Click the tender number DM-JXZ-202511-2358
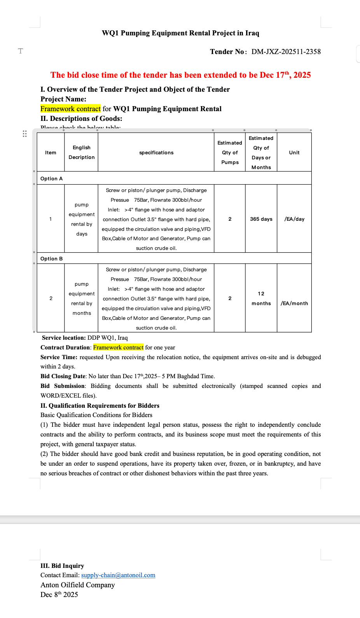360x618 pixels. pos(286,52)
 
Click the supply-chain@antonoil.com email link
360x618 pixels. pos(118,575)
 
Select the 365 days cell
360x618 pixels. pos(261,219)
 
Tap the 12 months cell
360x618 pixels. pos(261,299)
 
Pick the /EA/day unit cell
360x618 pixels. pos(294,219)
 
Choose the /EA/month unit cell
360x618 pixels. pos(294,304)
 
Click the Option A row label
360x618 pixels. pos(52,179)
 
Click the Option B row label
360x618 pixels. pos(52,259)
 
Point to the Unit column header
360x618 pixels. pos(294,153)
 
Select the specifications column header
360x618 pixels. pos(156,153)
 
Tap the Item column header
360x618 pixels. pos(51,153)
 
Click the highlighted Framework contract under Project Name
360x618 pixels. pos(70,109)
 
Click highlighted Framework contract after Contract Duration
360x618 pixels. pos(118,347)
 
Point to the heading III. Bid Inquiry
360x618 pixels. pos(62,566)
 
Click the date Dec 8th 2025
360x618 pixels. pos(59,595)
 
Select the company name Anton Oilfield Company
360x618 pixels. pos(78,585)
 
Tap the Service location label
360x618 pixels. pos(64,338)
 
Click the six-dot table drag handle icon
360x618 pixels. pos(24,134)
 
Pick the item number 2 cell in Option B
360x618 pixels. pos(51,299)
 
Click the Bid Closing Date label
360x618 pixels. pos(63,376)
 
